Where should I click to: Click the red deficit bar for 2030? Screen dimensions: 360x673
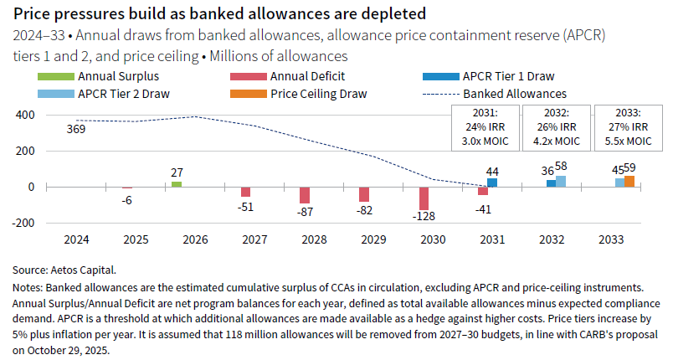coord(424,198)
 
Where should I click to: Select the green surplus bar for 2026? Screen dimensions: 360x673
coord(177,183)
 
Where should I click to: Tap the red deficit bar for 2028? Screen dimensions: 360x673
coord(305,194)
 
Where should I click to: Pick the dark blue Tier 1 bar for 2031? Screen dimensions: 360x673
coord(492,182)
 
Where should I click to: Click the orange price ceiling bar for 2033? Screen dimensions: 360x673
coord(629,181)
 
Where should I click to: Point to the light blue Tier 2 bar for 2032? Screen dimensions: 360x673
coord(561,181)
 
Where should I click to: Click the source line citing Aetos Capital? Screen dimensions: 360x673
coord(64,270)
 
